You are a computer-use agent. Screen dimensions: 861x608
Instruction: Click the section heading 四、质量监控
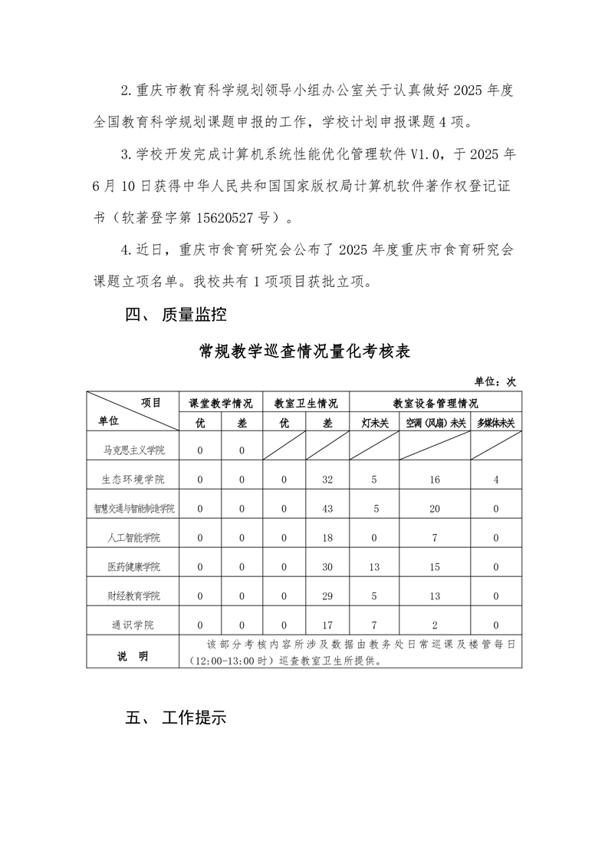pyautogui.click(x=176, y=314)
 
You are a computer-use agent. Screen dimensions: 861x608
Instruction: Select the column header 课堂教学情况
pyautogui.click(x=221, y=403)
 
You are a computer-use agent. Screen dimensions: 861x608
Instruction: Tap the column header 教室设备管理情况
pyautogui.click(x=435, y=403)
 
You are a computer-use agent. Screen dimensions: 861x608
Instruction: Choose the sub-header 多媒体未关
pyautogui.click(x=496, y=422)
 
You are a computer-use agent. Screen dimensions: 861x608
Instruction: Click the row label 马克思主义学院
pyautogui.click(x=133, y=450)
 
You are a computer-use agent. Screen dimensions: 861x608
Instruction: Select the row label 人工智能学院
pyautogui.click(x=133, y=537)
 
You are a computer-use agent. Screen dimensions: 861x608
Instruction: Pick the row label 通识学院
pyautogui.click(x=133, y=625)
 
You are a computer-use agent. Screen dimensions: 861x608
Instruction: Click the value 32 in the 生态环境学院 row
pyautogui.click(x=327, y=479)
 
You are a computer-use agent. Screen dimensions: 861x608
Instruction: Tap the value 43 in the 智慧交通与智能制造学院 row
pyautogui.click(x=327, y=508)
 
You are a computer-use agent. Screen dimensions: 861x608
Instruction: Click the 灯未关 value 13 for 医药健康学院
pyautogui.click(x=374, y=566)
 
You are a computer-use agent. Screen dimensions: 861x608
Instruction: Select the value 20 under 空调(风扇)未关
pyautogui.click(x=435, y=508)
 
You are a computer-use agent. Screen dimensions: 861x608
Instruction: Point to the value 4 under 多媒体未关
pyautogui.click(x=496, y=479)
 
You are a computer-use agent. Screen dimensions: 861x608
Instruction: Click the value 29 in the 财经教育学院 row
pyautogui.click(x=327, y=595)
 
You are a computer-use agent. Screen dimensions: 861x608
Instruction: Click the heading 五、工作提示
pyautogui.click(x=176, y=719)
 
